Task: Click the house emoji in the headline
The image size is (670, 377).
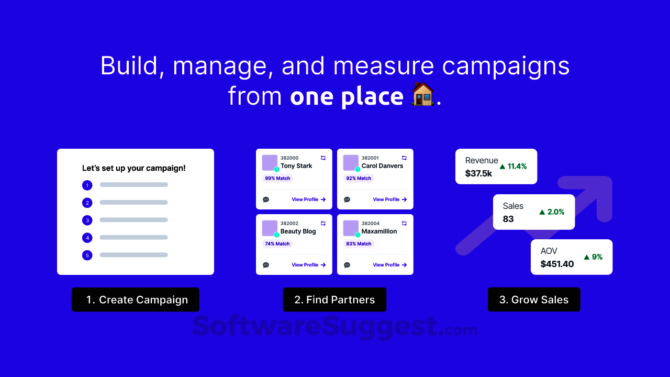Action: click(423, 94)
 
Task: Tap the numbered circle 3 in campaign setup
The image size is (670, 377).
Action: click(87, 220)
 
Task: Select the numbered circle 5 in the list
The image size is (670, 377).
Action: click(87, 255)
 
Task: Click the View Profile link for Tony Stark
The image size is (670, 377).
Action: click(309, 199)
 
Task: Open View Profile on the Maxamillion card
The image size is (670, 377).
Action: click(390, 265)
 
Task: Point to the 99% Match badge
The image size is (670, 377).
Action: click(277, 179)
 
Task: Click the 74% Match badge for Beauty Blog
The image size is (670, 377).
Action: click(277, 244)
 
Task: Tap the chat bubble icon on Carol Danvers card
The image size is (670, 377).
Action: click(347, 199)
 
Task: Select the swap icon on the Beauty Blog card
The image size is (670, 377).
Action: click(323, 223)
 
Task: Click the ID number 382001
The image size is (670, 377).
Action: click(370, 158)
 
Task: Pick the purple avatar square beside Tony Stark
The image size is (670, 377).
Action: click(270, 162)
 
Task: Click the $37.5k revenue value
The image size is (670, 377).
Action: click(478, 173)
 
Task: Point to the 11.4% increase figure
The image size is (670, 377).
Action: click(513, 167)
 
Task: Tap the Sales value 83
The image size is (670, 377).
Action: click(508, 219)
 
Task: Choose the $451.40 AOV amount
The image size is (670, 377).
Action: click(557, 264)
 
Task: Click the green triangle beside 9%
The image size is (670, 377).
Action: click(587, 257)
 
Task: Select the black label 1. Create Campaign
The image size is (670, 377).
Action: click(136, 300)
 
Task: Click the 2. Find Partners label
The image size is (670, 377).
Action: click(334, 300)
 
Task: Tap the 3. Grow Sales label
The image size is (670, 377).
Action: click(534, 300)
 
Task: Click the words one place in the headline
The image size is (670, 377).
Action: click(347, 96)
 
